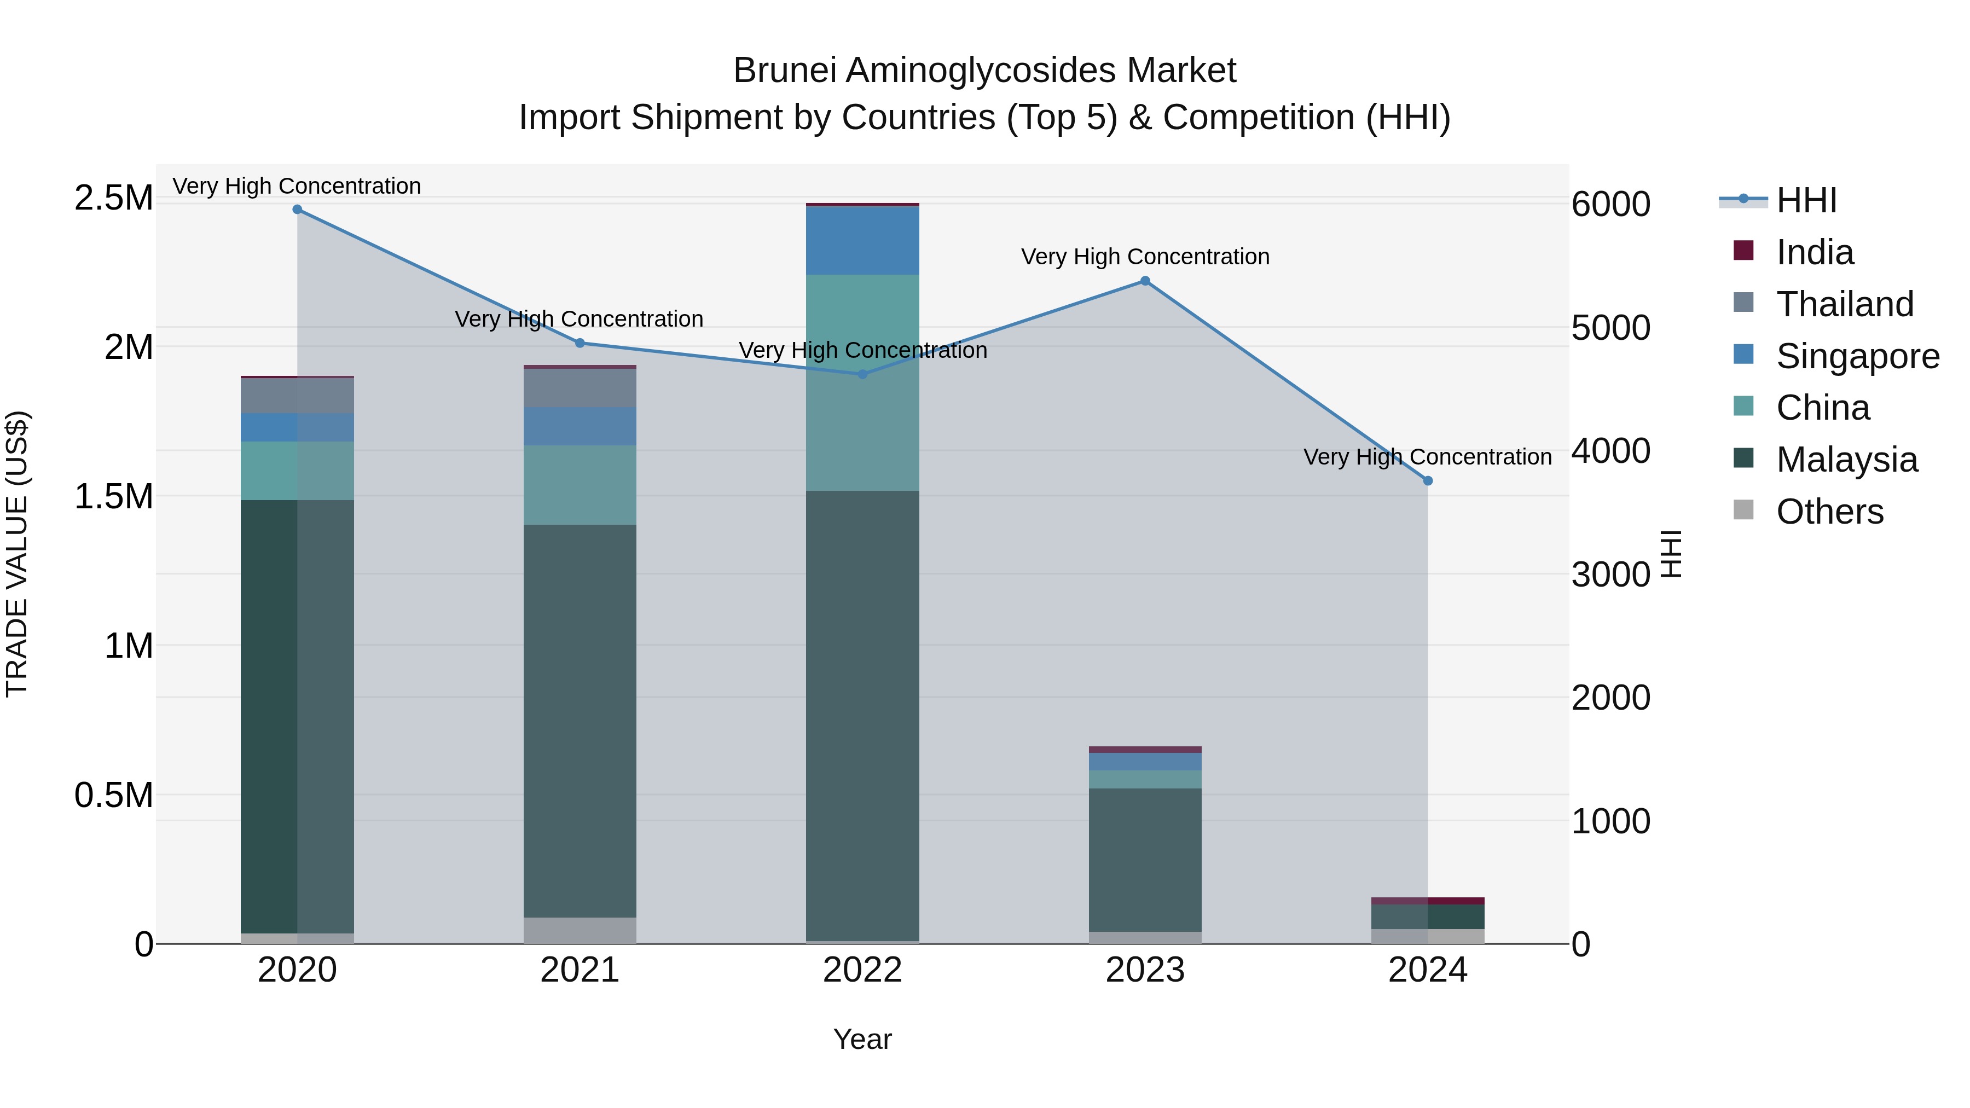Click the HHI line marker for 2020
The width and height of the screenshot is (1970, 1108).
[298, 210]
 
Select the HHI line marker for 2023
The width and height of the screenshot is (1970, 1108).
[1145, 281]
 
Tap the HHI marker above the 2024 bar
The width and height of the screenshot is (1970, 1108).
[1427, 481]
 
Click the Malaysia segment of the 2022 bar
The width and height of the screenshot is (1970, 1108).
[862, 715]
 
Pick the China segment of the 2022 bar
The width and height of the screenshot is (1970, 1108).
[862, 382]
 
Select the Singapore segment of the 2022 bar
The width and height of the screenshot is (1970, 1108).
[862, 240]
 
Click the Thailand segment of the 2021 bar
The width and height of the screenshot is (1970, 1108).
[580, 388]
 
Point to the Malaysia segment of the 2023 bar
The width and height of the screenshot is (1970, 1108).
[1145, 860]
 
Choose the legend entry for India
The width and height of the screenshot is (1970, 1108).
[1814, 252]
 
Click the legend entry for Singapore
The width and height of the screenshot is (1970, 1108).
[1857, 356]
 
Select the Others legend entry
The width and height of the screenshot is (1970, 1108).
[1829, 512]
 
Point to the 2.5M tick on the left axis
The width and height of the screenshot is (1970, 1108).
[113, 198]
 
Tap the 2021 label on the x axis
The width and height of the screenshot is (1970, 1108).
[580, 970]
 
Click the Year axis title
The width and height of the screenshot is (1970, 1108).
[862, 1039]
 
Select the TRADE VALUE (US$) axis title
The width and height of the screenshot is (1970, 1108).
[17, 554]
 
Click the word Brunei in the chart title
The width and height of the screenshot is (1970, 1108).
[785, 71]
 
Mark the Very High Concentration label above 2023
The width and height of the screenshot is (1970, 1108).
[1145, 257]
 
